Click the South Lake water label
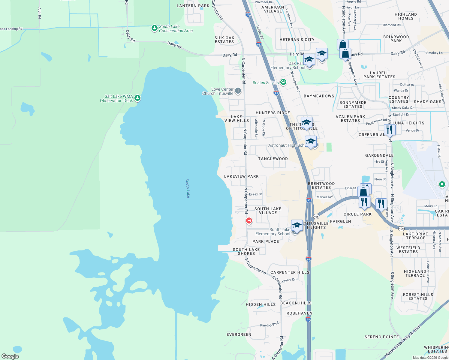pos(188,188)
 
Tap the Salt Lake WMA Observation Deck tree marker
pos(137,98)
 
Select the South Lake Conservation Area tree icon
pos(155,28)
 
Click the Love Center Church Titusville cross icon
pos(238,91)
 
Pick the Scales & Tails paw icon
pos(283,82)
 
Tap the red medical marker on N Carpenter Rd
pos(249,221)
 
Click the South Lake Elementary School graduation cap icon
pos(297,225)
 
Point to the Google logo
pos(10,356)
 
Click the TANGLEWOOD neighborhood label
pos(273,159)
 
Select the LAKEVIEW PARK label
pos(241,176)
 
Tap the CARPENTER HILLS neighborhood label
pos(290,272)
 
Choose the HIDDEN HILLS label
pos(261,304)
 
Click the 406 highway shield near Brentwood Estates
pos(316,216)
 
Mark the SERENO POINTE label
pos(381,337)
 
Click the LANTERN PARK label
pos(193,6)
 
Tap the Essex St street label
pos(255,194)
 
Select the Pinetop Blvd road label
pos(269,324)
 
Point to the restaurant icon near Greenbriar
pos(390,130)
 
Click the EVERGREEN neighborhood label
pos(239,334)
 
